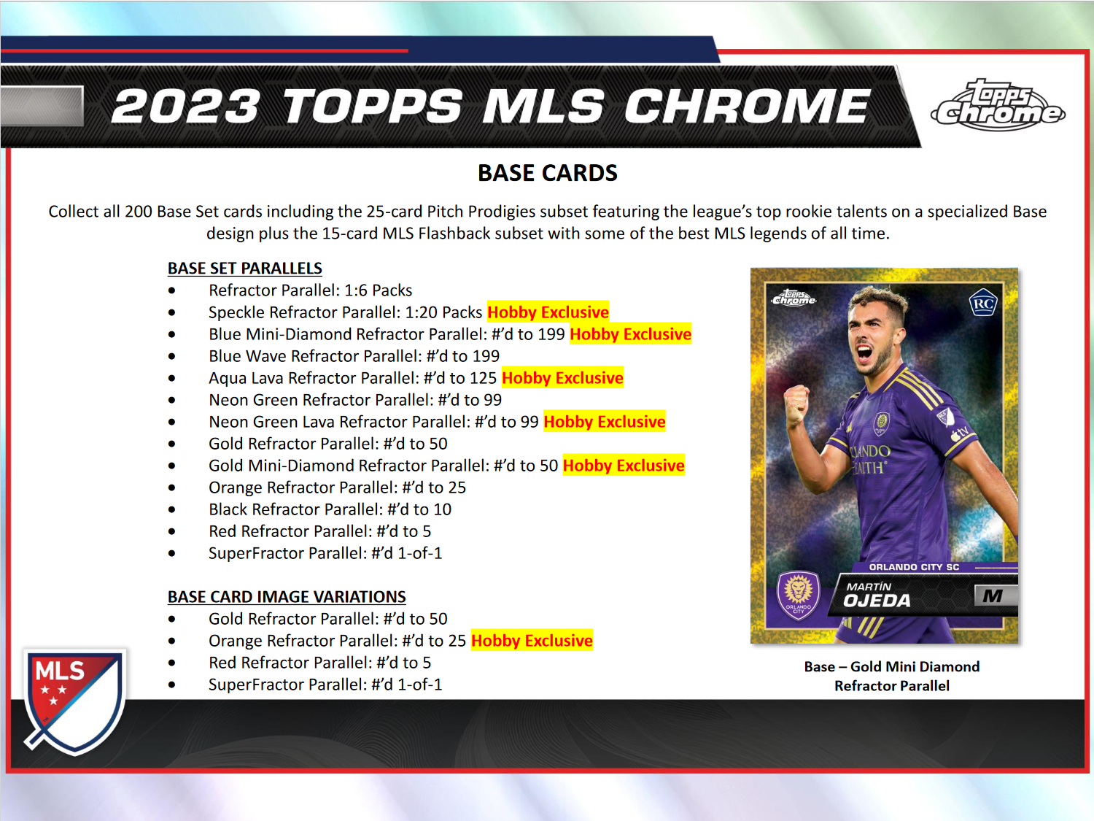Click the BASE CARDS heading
coord(547,173)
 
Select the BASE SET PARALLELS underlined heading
coord(244,269)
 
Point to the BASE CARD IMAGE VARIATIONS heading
coord(287,597)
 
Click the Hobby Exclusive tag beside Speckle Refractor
coord(548,312)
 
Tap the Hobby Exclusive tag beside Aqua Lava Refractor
coord(562,378)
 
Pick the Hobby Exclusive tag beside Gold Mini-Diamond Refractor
coord(624,466)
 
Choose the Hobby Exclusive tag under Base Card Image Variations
coord(532,641)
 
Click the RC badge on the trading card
coord(983,303)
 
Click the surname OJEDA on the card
coord(877,601)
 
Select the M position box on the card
coord(993,596)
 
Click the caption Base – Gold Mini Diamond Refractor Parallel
coord(891,676)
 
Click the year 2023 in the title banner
coord(186,107)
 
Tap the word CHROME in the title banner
coord(747,107)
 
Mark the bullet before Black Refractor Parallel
coord(171,509)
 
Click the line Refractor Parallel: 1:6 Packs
coord(310,290)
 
